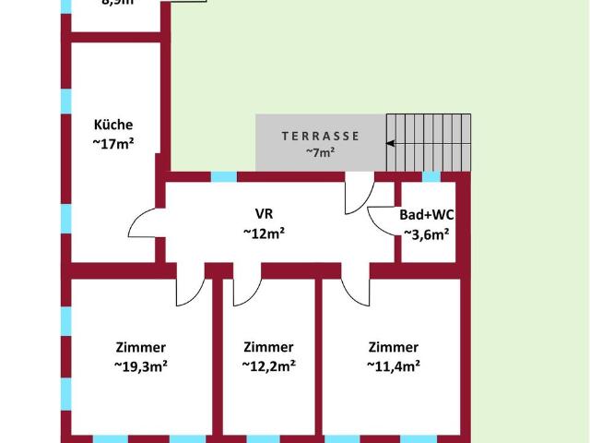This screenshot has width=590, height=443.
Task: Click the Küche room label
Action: tap(113, 125)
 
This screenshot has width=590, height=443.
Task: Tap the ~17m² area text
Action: tap(113, 143)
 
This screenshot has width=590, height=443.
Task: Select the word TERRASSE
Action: tap(321, 136)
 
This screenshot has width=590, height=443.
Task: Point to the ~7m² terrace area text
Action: tap(321, 153)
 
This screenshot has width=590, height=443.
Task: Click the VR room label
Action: tap(264, 213)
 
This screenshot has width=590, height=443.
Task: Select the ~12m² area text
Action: tap(264, 233)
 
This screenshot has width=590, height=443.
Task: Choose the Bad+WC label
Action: tap(427, 214)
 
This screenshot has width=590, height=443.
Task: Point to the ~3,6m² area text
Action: tap(427, 233)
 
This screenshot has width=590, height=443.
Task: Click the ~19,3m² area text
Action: tap(141, 366)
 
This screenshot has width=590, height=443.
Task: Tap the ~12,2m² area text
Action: tap(268, 366)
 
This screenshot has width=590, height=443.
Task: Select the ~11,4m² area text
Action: tap(394, 366)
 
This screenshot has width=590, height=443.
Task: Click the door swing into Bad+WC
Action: tap(382, 219)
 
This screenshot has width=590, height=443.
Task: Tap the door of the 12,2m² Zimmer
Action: tap(246, 290)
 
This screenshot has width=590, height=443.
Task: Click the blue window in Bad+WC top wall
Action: tap(431, 176)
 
